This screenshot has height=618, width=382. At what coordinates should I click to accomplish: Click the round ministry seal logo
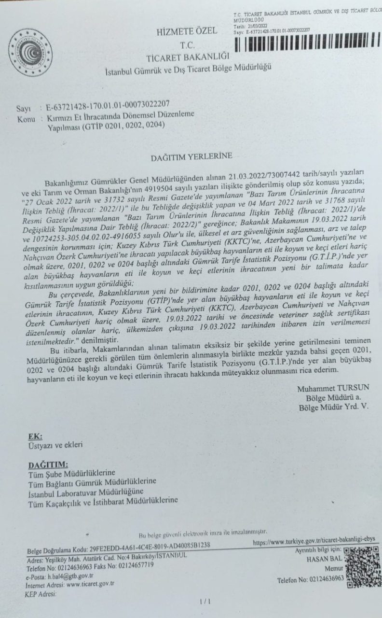pos(31,53)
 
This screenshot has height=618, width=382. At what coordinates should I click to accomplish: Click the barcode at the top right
pos(309,44)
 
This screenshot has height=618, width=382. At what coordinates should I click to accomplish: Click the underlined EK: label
pos(35,436)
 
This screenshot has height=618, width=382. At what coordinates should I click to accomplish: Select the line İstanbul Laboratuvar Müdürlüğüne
pos(86,491)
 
